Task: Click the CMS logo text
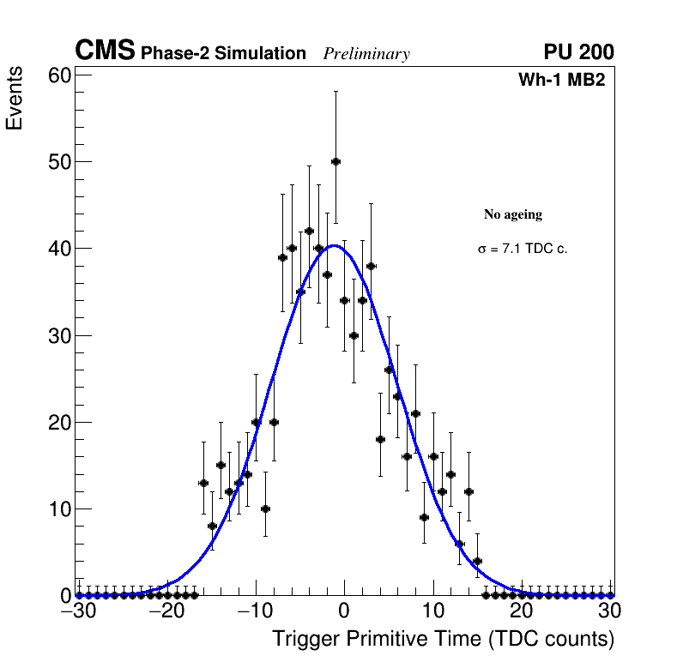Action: pos(105,51)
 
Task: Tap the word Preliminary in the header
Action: pos(366,55)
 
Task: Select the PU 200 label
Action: pos(578,52)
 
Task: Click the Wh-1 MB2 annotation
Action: pos(562,81)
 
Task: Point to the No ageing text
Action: pos(513,214)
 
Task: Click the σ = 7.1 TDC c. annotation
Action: pos(523,249)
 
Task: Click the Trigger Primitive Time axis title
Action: pos(443,639)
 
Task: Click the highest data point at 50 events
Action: pos(335,161)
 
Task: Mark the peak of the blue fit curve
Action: pos(335,245)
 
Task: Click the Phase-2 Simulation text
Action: pos(223,54)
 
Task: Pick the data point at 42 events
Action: pos(309,231)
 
